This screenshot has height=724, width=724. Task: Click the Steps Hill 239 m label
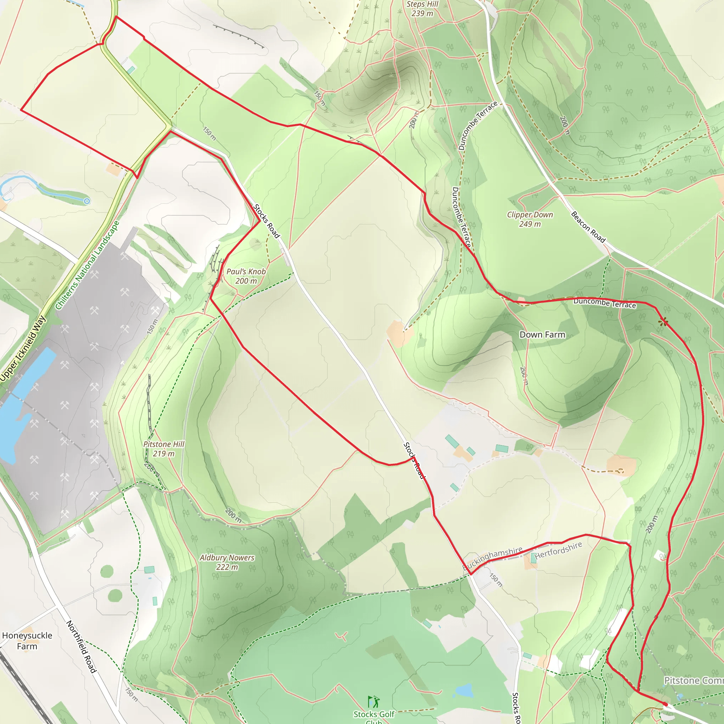422,9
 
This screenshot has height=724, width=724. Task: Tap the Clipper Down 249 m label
530,219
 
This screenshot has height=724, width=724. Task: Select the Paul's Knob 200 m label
246,276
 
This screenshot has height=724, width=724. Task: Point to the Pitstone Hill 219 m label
164,449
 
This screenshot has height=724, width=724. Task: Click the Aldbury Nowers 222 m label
227,562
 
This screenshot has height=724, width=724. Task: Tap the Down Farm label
542,335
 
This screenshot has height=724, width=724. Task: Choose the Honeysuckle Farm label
27,641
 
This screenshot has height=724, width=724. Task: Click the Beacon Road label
588,227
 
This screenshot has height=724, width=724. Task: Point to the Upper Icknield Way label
23,349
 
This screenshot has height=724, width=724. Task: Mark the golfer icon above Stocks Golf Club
374,701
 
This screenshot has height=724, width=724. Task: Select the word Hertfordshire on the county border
558,550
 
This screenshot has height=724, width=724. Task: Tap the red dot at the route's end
665,704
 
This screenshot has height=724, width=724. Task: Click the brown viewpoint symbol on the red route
663,321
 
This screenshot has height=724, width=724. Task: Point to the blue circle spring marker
87,201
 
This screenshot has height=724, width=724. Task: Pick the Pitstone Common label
693,680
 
